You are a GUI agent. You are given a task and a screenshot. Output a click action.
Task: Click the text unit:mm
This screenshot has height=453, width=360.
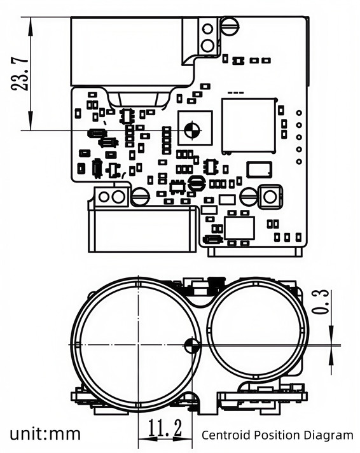45,435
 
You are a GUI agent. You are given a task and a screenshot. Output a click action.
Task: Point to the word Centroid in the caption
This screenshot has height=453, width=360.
225,435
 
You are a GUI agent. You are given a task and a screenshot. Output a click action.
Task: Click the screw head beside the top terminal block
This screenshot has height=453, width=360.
230,27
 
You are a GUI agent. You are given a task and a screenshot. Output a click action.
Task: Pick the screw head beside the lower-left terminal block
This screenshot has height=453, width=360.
139,197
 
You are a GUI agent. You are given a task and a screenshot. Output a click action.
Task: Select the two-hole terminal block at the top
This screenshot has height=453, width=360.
207,36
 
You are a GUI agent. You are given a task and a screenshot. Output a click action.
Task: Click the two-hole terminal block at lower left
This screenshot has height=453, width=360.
112,196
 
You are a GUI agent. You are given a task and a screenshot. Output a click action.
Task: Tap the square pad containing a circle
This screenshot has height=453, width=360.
269,197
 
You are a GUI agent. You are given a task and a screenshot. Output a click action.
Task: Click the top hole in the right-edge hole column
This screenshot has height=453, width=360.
299,113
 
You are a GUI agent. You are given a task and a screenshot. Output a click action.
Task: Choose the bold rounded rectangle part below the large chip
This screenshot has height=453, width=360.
258,169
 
